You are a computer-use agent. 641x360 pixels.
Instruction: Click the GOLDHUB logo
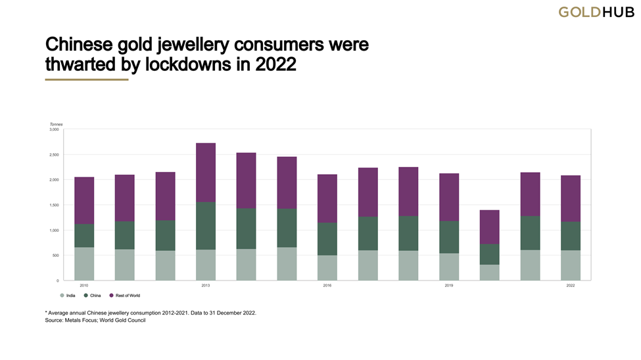click(596, 12)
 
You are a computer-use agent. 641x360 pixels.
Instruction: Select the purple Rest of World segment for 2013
click(206, 172)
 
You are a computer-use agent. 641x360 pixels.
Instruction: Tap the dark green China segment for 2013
click(206, 225)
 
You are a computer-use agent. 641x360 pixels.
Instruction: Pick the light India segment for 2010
click(84, 263)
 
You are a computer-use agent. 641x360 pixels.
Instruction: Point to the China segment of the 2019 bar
click(449, 236)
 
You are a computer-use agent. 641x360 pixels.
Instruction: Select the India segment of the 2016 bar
click(327, 267)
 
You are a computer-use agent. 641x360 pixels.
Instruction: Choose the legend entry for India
click(68, 296)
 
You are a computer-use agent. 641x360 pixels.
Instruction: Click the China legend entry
click(92, 296)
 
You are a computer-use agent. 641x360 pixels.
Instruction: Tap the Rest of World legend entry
click(124, 296)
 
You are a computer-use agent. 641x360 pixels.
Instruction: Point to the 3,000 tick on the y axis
click(54, 129)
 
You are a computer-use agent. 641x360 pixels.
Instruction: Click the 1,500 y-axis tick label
click(54, 205)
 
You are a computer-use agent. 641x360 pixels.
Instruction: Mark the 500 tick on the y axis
click(55, 256)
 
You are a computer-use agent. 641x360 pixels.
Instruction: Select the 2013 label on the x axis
click(206, 286)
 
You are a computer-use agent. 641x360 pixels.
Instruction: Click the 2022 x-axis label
click(571, 286)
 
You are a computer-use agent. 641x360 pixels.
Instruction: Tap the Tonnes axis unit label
click(56, 124)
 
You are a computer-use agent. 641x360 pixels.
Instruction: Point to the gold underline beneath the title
click(86, 79)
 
